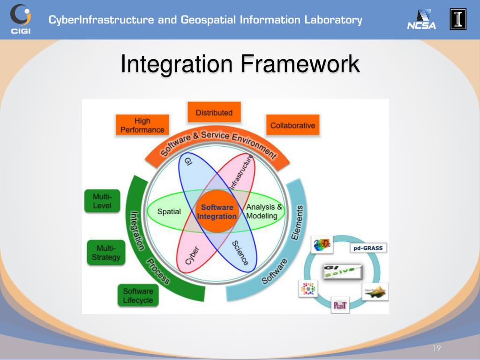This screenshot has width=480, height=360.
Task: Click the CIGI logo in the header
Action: pyautogui.click(x=20, y=19)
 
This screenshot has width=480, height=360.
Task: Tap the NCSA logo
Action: pyautogui.click(x=421, y=20)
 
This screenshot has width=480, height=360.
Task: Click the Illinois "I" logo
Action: pyautogui.click(x=458, y=19)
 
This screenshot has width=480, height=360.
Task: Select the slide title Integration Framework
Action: pyautogui.click(x=240, y=64)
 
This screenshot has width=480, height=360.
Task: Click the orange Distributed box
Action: pyautogui.click(x=214, y=112)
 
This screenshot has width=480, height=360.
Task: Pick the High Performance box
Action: pyautogui.click(x=142, y=126)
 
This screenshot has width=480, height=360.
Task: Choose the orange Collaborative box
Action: pyautogui.click(x=292, y=125)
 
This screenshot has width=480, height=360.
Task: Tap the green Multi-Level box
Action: pyautogui.click(x=102, y=201)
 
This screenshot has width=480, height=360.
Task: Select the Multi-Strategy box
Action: pyautogui.click(x=106, y=253)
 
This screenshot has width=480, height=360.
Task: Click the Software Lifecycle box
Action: pyautogui.click(x=138, y=296)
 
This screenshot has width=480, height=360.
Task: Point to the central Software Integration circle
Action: pyautogui.click(x=217, y=212)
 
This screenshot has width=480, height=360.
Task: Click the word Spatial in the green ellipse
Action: pyautogui.click(x=169, y=211)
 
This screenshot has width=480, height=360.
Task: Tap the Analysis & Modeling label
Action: pyautogui.click(x=264, y=211)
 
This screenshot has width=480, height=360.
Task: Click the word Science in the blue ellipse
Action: pyautogui.click(x=240, y=254)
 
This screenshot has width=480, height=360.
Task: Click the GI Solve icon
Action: pyautogui.click(x=342, y=270)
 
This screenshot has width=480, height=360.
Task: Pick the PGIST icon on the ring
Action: pyautogui.click(x=340, y=305)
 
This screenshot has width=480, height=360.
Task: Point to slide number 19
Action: pyautogui.click(x=436, y=348)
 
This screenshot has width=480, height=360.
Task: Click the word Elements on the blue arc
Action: pyautogui.click(x=297, y=222)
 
